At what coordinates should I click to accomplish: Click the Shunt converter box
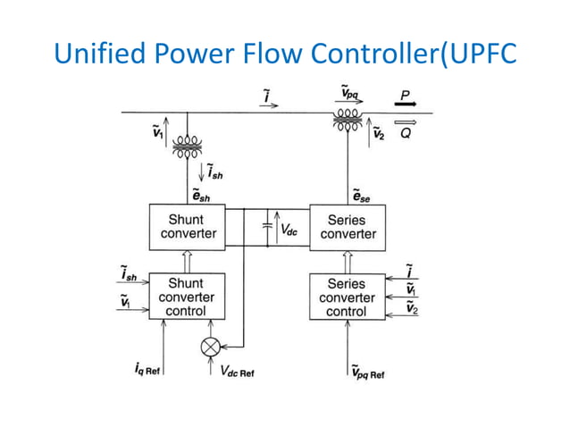pos(186,227)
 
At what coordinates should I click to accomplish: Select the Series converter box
pos(348,227)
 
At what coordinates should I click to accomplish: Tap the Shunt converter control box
pos(186,297)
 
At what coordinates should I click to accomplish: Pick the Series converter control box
pos(347,297)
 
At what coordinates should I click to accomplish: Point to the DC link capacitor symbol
pos(267,228)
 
